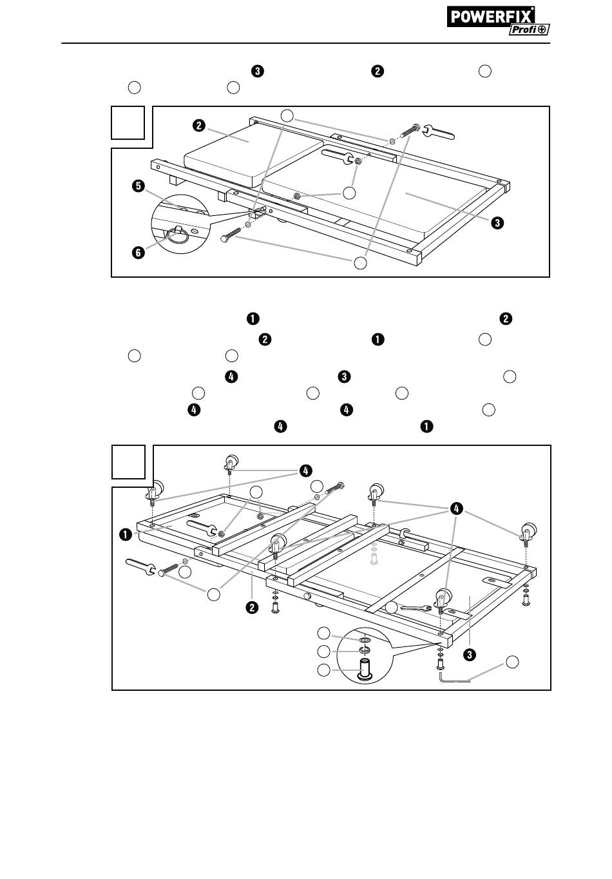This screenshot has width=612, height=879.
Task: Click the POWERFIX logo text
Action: pos(490,16)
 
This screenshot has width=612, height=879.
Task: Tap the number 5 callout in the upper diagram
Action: pos(137,187)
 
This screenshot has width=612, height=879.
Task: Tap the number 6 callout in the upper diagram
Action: pos(137,253)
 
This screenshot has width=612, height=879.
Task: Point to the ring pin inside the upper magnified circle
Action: pos(180,235)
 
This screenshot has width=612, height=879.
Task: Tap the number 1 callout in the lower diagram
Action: pos(124,534)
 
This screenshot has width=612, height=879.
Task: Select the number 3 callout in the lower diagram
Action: pos(471,655)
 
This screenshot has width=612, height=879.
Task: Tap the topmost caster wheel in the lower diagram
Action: pos(231,463)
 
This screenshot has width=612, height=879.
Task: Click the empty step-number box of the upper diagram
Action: pos(127,122)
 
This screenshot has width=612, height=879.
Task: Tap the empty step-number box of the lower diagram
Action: pos(128,462)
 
